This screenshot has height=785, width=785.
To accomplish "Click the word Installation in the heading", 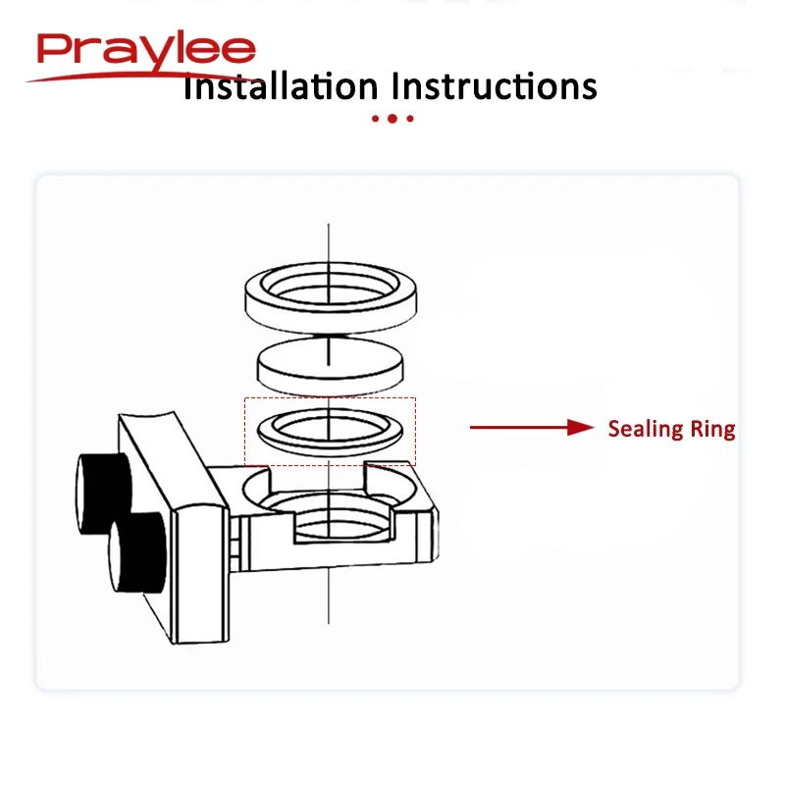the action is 281,86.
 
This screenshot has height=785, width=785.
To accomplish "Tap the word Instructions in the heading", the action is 495,86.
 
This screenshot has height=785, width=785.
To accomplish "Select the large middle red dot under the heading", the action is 392,119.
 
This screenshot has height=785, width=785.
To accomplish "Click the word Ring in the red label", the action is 713,430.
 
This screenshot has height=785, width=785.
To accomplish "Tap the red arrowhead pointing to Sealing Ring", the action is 581,427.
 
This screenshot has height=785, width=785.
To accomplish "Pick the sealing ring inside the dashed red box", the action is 265,434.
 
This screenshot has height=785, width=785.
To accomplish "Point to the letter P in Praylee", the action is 52,50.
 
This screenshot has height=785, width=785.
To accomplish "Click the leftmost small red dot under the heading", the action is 375,119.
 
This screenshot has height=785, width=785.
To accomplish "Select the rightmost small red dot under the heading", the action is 410,119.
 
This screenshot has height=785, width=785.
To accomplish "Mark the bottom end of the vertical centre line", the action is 329,624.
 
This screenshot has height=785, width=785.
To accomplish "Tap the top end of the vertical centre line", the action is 329,224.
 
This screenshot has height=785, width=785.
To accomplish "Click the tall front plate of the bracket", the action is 199,575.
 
